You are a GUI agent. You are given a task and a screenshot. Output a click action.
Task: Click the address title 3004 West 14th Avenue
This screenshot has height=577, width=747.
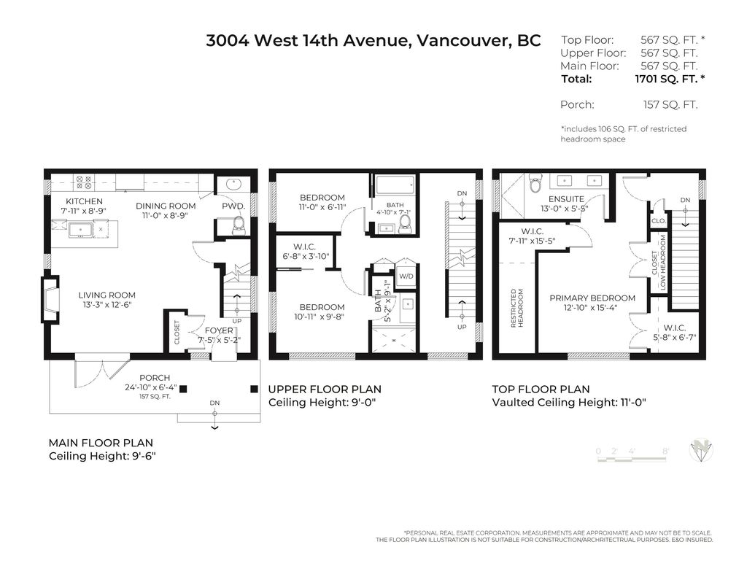[x=373, y=41]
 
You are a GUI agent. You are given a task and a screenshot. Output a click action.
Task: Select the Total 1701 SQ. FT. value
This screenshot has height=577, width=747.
[x=670, y=79]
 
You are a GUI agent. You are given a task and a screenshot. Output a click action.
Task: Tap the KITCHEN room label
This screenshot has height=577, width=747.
[x=84, y=201]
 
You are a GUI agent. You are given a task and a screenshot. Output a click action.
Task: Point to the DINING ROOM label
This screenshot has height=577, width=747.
[x=166, y=206]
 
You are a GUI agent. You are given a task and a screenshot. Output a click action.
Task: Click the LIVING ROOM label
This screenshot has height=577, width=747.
[x=107, y=295]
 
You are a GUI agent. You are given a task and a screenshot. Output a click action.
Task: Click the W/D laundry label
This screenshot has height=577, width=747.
[x=405, y=276]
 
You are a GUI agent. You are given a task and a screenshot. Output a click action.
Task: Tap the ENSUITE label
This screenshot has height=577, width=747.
[x=566, y=198]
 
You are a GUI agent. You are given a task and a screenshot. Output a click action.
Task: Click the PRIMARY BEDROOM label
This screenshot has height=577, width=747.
[x=592, y=298]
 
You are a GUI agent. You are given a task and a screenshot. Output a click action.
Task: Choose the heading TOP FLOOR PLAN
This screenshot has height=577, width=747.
[x=541, y=390]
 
